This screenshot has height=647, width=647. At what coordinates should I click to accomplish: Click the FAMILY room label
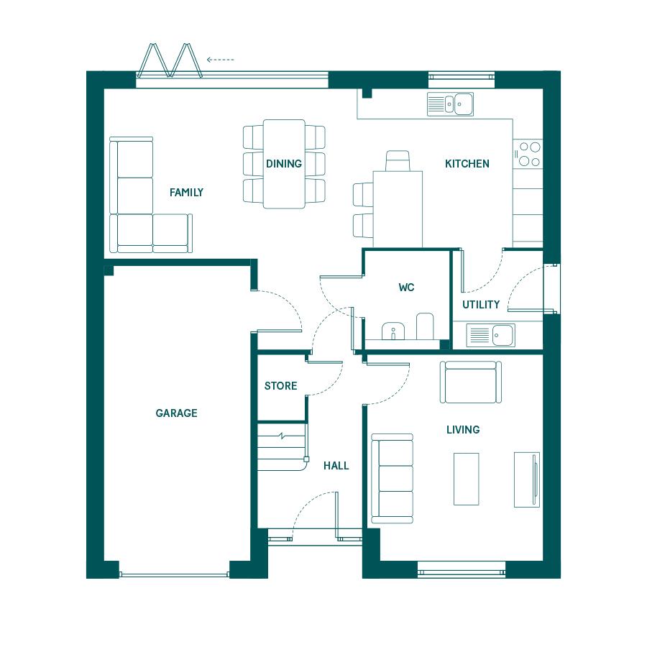pyautogui.click(x=186, y=192)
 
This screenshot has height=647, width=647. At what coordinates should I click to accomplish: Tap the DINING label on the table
pyautogui.click(x=284, y=164)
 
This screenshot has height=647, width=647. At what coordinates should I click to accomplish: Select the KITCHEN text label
pyautogui.click(x=467, y=164)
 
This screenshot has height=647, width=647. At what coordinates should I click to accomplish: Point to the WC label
pyautogui.click(x=406, y=287)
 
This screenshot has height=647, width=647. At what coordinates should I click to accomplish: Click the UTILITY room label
pyautogui.click(x=481, y=305)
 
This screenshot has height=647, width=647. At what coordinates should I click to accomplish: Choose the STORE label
pyautogui.click(x=280, y=386)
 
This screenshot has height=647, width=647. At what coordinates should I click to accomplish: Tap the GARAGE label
pyautogui.click(x=176, y=413)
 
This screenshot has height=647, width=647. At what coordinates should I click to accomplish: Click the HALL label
pyautogui.click(x=336, y=466)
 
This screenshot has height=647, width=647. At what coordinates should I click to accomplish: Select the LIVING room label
pyautogui.click(x=463, y=430)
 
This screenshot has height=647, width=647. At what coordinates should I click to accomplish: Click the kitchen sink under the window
pyautogui.click(x=450, y=104)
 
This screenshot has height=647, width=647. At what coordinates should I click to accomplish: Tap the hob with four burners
pyautogui.click(x=528, y=155)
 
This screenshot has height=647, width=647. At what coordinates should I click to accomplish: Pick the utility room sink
pyautogui.click(x=490, y=334)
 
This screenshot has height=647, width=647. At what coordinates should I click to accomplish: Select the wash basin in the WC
pyautogui.click(x=393, y=331)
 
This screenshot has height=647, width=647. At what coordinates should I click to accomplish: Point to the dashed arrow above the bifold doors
pyautogui.click(x=221, y=60)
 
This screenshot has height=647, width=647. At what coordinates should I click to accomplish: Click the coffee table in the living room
pyautogui.click(x=467, y=479)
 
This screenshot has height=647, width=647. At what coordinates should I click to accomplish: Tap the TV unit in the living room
pyautogui.click(x=527, y=479)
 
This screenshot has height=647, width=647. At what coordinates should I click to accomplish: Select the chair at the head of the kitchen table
pyautogui.click(x=398, y=160)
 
